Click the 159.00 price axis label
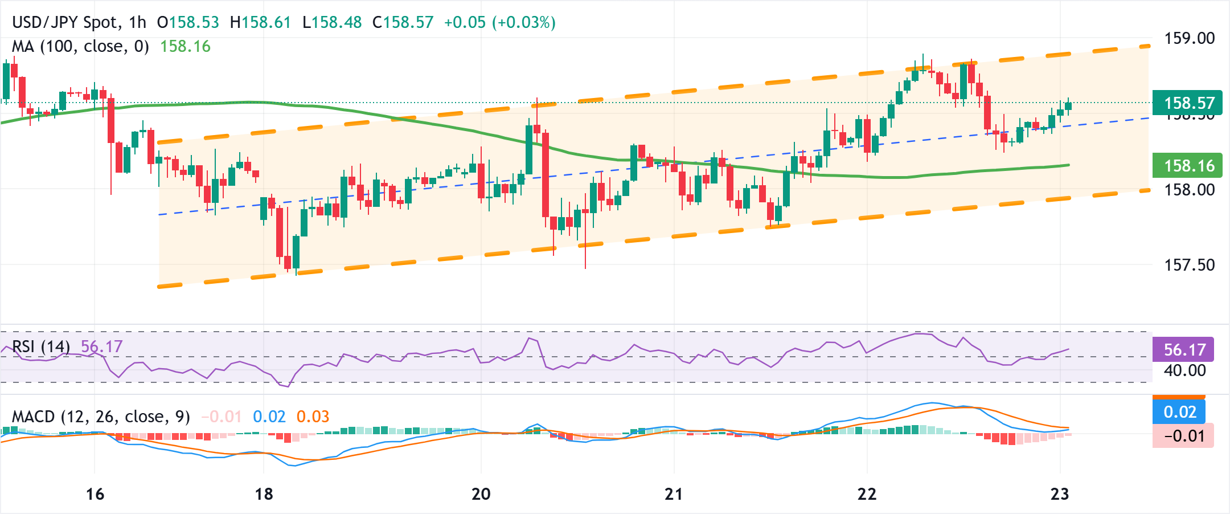pos(1189,39)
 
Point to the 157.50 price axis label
pos(1189,265)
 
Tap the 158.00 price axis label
pos(1189,190)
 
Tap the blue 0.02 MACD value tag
pos(1179,412)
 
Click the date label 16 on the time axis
pos(95,494)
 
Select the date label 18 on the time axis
pos(264,494)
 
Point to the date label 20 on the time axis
pos(481,494)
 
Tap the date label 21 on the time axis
pos(674,494)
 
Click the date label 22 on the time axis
pos(867,494)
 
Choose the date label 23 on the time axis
pos(1060,494)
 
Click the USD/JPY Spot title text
pos(65,22)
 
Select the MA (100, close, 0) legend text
pos(80,46)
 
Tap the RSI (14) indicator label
pos(41,346)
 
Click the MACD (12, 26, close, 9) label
pos(101,417)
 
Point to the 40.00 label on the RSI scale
pos(1184,370)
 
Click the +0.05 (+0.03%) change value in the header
pos(499,22)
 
